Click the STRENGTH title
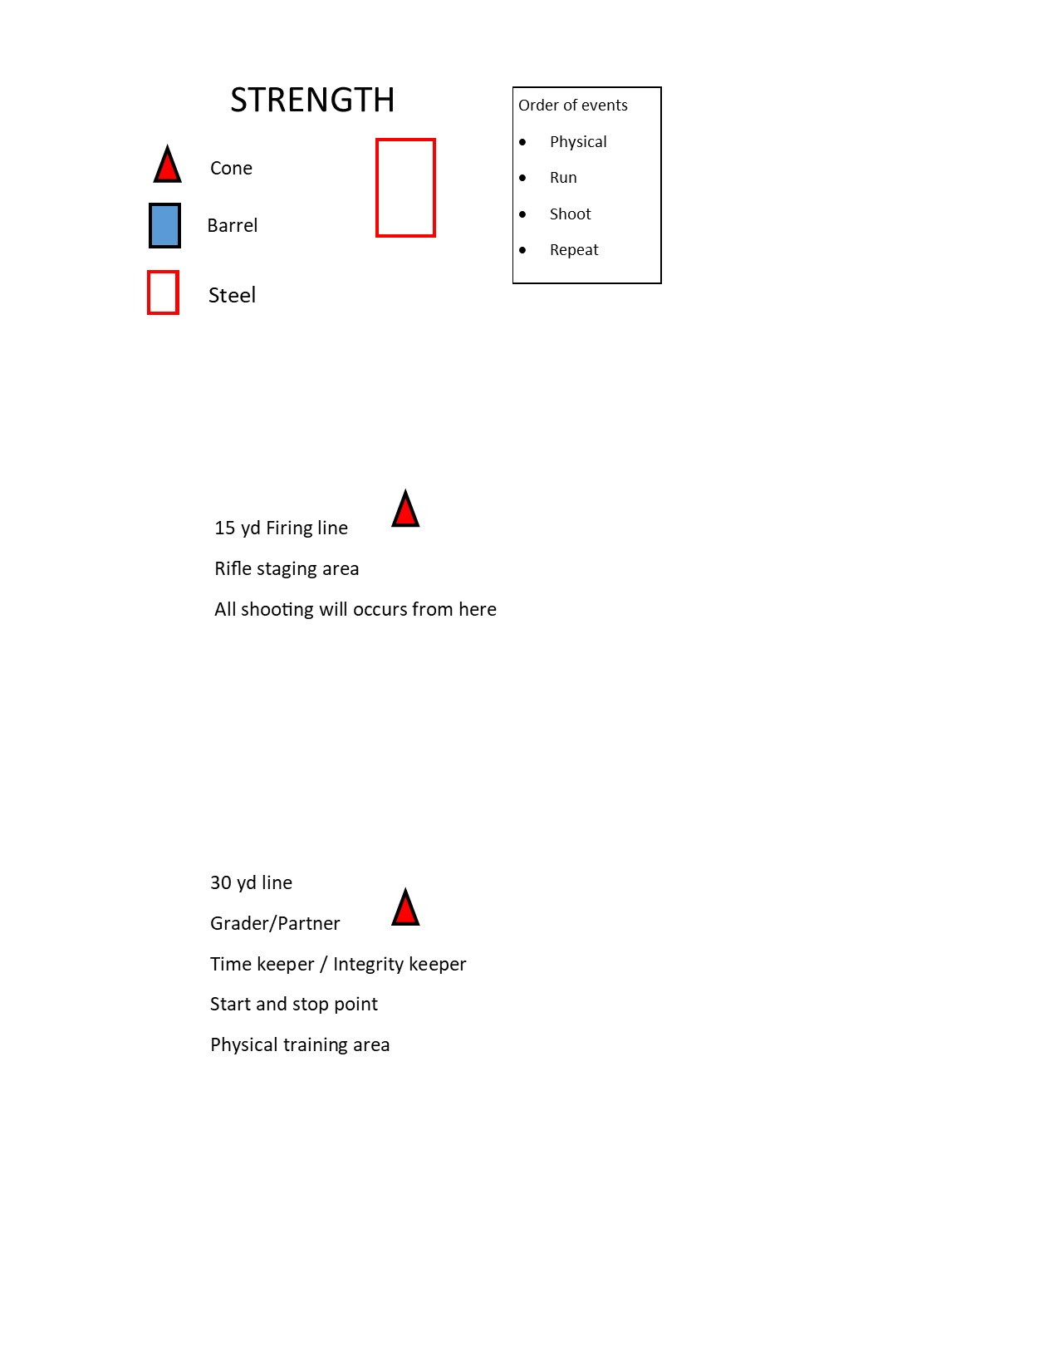[x=312, y=101]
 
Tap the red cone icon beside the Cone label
[x=168, y=166]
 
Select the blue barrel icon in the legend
[x=164, y=225]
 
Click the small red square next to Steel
[x=163, y=292]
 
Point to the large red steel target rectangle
[x=405, y=188]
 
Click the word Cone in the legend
[x=231, y=169]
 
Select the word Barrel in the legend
[x=233, y=226]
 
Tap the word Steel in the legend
[x=232, y=296]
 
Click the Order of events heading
[x=573, y=106]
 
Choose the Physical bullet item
[x=578, y=142]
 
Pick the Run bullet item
[x=563, y=178]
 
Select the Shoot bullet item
[x=570, y=214]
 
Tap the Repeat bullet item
[x=574, y=250]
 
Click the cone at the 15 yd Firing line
[x=405, y=510]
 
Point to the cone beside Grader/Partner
[x=405, y=909]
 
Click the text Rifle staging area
[x=287, y=569]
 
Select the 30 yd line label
[x=251, y=883]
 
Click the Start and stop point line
[x=294, y=1005]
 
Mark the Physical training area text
[x=300, y=1045]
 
